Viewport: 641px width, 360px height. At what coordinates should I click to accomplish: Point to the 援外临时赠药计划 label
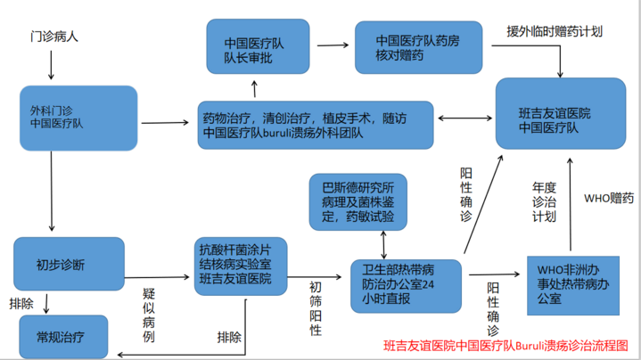click(555, 31)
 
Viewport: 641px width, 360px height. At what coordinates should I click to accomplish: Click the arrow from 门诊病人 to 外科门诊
click(51, 65)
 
